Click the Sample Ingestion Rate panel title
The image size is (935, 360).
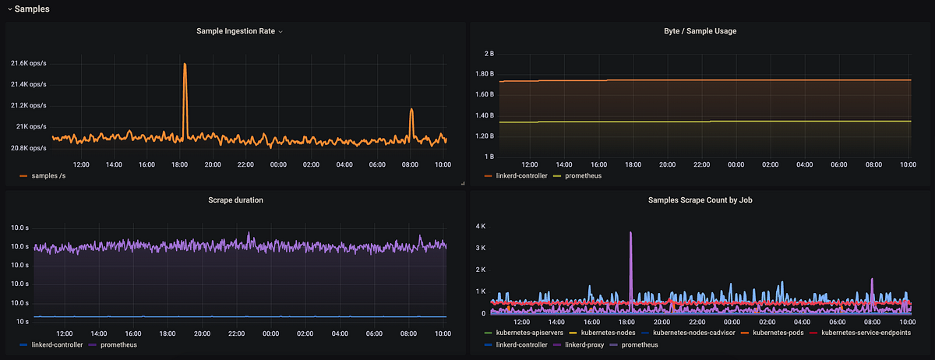(x=236, y=31)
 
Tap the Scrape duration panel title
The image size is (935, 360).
(x=235, y=199)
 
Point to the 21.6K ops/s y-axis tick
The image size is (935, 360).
(x=28, y=63)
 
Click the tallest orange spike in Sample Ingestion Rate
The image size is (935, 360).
(x=185, y=65)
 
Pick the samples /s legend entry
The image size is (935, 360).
(x=48, y=176)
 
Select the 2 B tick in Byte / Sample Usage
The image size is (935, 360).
(x=489, y=54)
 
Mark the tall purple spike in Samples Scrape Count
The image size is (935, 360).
(x=630, y=234)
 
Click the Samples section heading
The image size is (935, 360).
(x=32, y=8)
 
